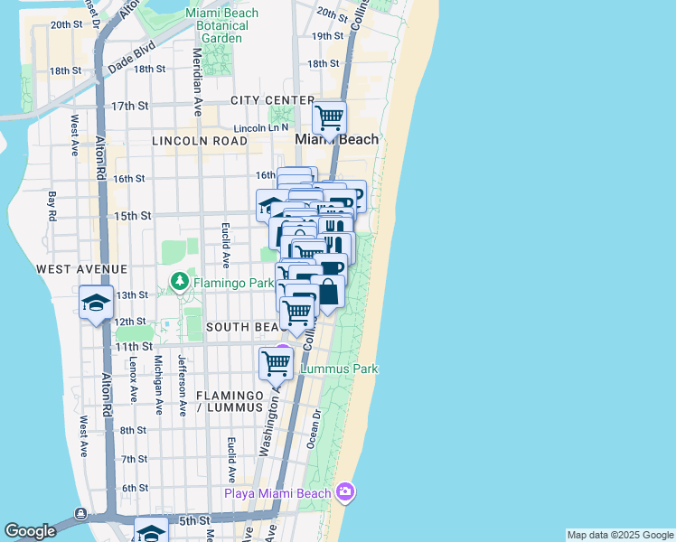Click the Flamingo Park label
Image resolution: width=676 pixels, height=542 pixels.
pos(223,283)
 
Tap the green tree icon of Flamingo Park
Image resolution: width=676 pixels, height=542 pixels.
pos(180,283)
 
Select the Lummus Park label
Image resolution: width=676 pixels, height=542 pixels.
pos(338,369)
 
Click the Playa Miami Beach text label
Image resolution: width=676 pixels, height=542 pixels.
pos(278,492)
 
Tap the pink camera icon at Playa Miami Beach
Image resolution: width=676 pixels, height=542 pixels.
pos(343,492)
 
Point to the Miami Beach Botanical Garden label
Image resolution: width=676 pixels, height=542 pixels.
pos(221,25)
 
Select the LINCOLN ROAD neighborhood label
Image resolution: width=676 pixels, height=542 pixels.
pos(200,141)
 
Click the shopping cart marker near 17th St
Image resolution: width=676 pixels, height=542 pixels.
pos(329,117)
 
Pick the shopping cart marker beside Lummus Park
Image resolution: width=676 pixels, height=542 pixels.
pos(276,363)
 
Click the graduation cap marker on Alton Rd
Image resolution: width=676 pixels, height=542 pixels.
pos(96,302)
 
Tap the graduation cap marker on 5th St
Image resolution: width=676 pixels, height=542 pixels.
pos(151,530)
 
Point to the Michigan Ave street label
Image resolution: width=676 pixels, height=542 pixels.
pos(158,384)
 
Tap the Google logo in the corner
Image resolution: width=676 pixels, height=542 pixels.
pos(30,531)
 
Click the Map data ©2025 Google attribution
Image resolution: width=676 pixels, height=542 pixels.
pos(620,535)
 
